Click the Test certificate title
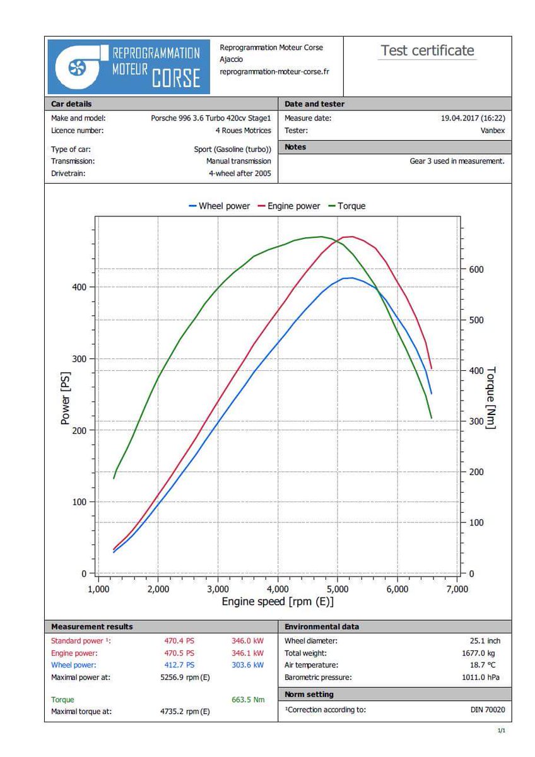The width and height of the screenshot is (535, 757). (427, 51)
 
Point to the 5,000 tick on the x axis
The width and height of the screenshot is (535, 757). (338, 589)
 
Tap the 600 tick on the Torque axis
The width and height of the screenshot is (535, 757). (476, 269)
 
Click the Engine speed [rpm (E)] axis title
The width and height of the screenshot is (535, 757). (278, 602)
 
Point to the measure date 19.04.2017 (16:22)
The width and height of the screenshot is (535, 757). (473, 118)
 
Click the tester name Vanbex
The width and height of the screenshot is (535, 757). (493, 131)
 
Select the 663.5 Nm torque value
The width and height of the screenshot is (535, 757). (249, 700)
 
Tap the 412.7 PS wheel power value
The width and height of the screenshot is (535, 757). (179, 665)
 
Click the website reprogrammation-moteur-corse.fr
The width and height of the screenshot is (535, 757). (274, 72)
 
